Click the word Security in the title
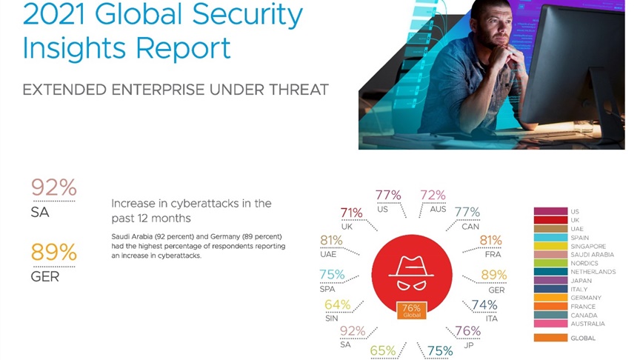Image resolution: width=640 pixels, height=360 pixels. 247,15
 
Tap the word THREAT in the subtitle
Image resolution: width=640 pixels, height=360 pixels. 299,90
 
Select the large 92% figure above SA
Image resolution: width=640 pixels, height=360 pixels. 54,187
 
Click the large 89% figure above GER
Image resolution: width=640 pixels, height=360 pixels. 54,253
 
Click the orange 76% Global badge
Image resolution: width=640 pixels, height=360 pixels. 411,310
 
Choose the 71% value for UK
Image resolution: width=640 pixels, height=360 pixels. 351,213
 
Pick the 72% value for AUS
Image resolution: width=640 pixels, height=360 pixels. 433,195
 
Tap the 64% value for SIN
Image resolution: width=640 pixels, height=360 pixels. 338,304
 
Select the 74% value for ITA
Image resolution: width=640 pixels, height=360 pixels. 484,305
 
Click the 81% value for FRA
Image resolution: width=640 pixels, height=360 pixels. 490,240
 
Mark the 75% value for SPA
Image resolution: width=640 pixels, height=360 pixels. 333,274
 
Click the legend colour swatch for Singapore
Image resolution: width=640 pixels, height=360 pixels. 550,246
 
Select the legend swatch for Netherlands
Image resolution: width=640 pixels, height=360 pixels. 550,272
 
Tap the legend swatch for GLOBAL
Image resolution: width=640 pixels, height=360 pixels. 550,338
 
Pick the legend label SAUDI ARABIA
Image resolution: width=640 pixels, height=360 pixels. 593,255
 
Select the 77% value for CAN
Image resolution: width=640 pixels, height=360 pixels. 467,213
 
